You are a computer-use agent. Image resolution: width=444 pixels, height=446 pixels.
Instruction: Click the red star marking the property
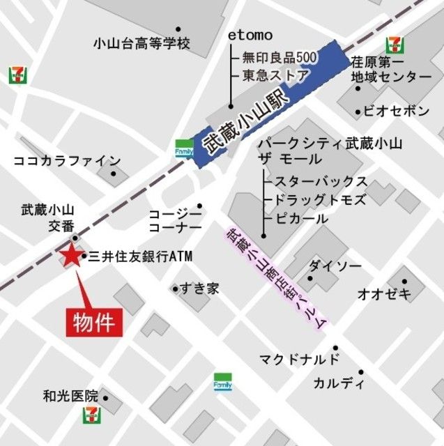[x=70, y=256]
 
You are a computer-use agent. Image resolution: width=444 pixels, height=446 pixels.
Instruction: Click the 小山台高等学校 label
[x=141, y=44]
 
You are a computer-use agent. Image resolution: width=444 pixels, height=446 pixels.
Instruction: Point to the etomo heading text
[x=250, y=36]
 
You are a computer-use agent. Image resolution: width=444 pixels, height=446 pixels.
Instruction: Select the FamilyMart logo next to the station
[x=183, y=150]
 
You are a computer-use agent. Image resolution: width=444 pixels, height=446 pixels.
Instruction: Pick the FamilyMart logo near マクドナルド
[x=222, y=383]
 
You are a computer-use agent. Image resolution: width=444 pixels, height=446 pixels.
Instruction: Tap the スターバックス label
[x=321, y=182]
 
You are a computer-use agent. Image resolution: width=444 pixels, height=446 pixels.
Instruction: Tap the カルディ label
[x=339, y=383]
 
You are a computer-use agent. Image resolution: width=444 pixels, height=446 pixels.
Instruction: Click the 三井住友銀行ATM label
[x=140, y=256]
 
